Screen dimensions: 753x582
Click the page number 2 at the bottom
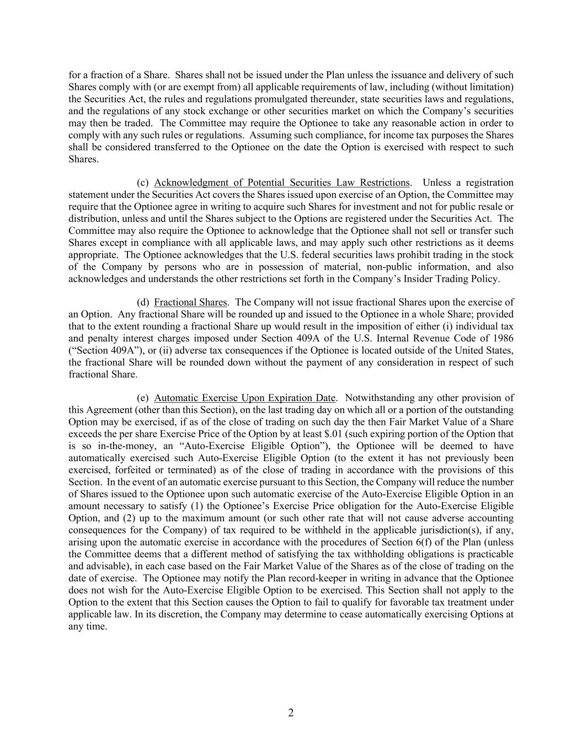coord(291,713)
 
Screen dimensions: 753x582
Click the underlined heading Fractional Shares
coord(190,302)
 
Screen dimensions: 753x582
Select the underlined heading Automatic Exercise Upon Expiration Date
coord(245,398)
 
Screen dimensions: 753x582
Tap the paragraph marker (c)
coord(143,183)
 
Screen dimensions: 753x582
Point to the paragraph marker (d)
coord(143,302)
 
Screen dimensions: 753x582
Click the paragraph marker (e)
coord(143,398)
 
